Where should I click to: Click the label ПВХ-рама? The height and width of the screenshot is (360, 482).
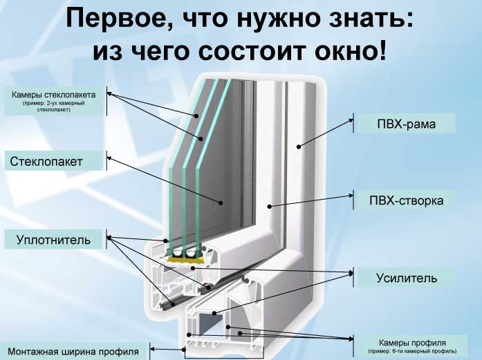pyautogui.click(x=404, y=124)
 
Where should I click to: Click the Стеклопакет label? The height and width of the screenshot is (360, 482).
pyautogui.click(x=47, y=162)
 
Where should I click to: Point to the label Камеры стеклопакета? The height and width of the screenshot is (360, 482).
pyautogui.click(x=58, y=94)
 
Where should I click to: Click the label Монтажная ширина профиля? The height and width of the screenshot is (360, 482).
pyautogui.click(x=74, y=352)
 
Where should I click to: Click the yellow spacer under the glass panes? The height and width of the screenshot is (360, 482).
pyautogui.click(x=184, y=259)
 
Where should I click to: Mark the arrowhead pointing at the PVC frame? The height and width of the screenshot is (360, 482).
pyautogui.click(x=299, y=146)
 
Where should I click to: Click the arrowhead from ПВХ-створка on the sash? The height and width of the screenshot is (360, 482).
pyautogui.click(x=271, y=206)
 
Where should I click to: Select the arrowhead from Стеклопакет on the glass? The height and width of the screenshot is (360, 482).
pyautogui.click(x=221, y=202)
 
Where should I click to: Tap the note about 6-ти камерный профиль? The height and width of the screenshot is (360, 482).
pyautogui.click(x=413, y=352)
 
